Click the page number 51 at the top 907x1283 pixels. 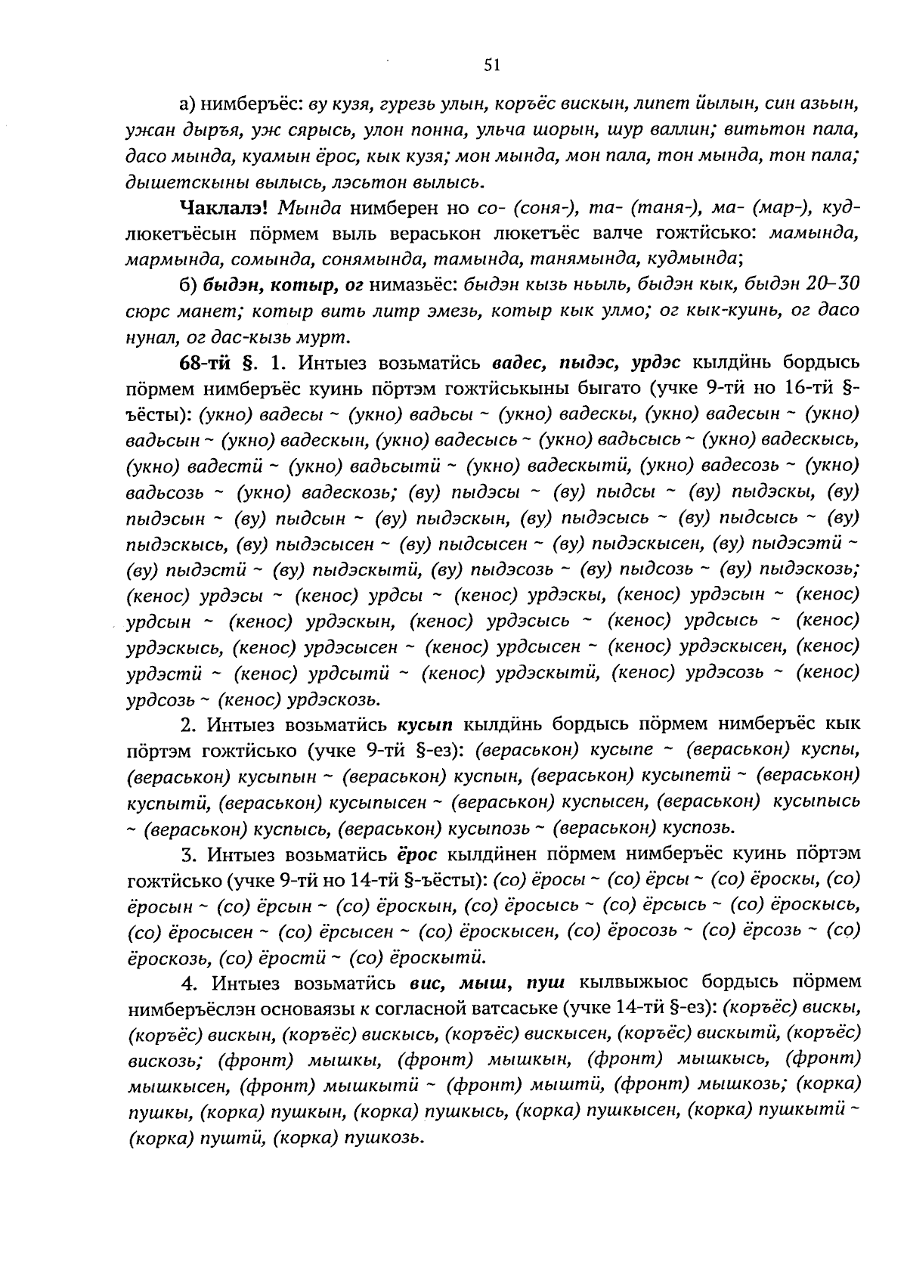point(492,66)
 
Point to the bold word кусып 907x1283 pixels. point(425,724)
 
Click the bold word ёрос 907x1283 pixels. point(418,854)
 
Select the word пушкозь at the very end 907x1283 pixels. point(383,1137)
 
